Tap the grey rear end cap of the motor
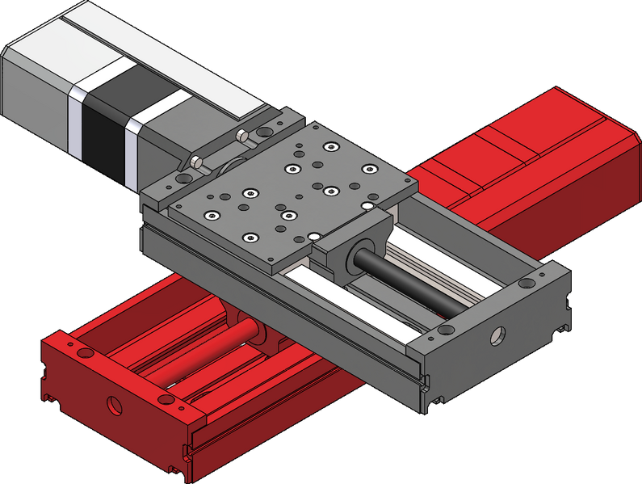(x=36, y=89)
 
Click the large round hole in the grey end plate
(x=495, y=332)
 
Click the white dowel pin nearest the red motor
(x=367, y=208)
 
